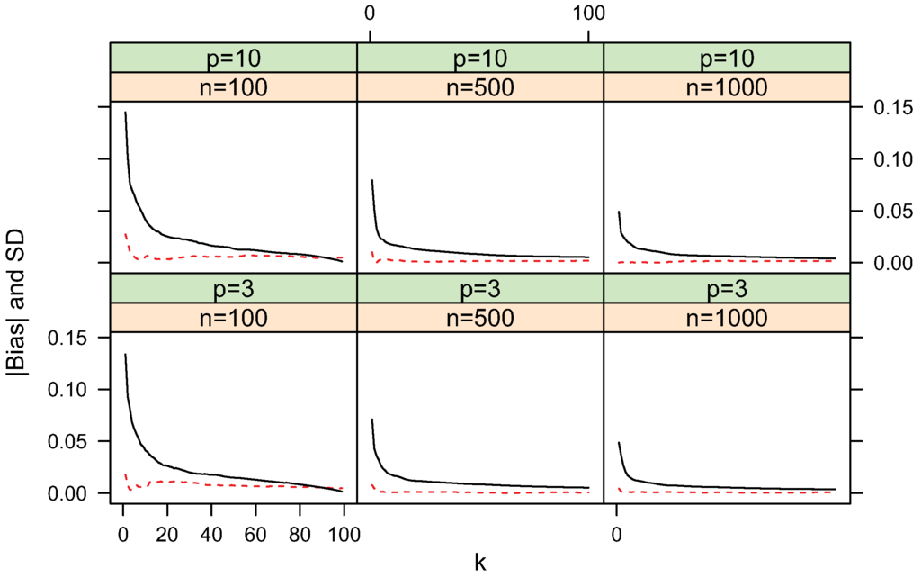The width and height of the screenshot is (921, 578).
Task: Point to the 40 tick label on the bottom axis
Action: pyautogui.click(x=210, y=534)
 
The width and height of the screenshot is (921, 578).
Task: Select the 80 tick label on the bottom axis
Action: pyautogui.click(x=299, y=534)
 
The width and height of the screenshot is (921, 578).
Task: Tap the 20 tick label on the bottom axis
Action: pyautogui.click(x=166, y=534)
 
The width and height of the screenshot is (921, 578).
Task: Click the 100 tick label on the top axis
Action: pyautogui.click(x=587, y=14)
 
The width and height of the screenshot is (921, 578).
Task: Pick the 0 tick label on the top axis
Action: pyautogui.click(x=369, y=14)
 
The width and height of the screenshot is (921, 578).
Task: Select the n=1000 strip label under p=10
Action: pyautogui.click(x=726, y=87)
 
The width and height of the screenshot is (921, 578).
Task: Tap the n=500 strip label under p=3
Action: pyautogui.click(x=480, y=318)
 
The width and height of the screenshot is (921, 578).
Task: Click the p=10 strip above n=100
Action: pyautogui.click(x=234, y=58)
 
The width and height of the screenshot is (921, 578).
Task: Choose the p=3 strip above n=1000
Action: pyautogui.click(x=726, y=288)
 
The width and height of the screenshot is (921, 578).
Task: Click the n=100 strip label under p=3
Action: pyautogui.click(x=234, y=318)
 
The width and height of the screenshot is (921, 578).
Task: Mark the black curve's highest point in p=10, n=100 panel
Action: pyautogui.click(x=125, y=113)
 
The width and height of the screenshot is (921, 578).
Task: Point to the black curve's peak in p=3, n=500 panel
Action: pyautogui.click(x=371, y=420)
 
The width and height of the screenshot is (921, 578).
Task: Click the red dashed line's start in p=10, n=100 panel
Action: pyautogui.click(x=125, y=234)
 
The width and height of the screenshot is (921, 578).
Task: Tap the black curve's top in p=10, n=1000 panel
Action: pyautogui.click(x=618, y=212)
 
